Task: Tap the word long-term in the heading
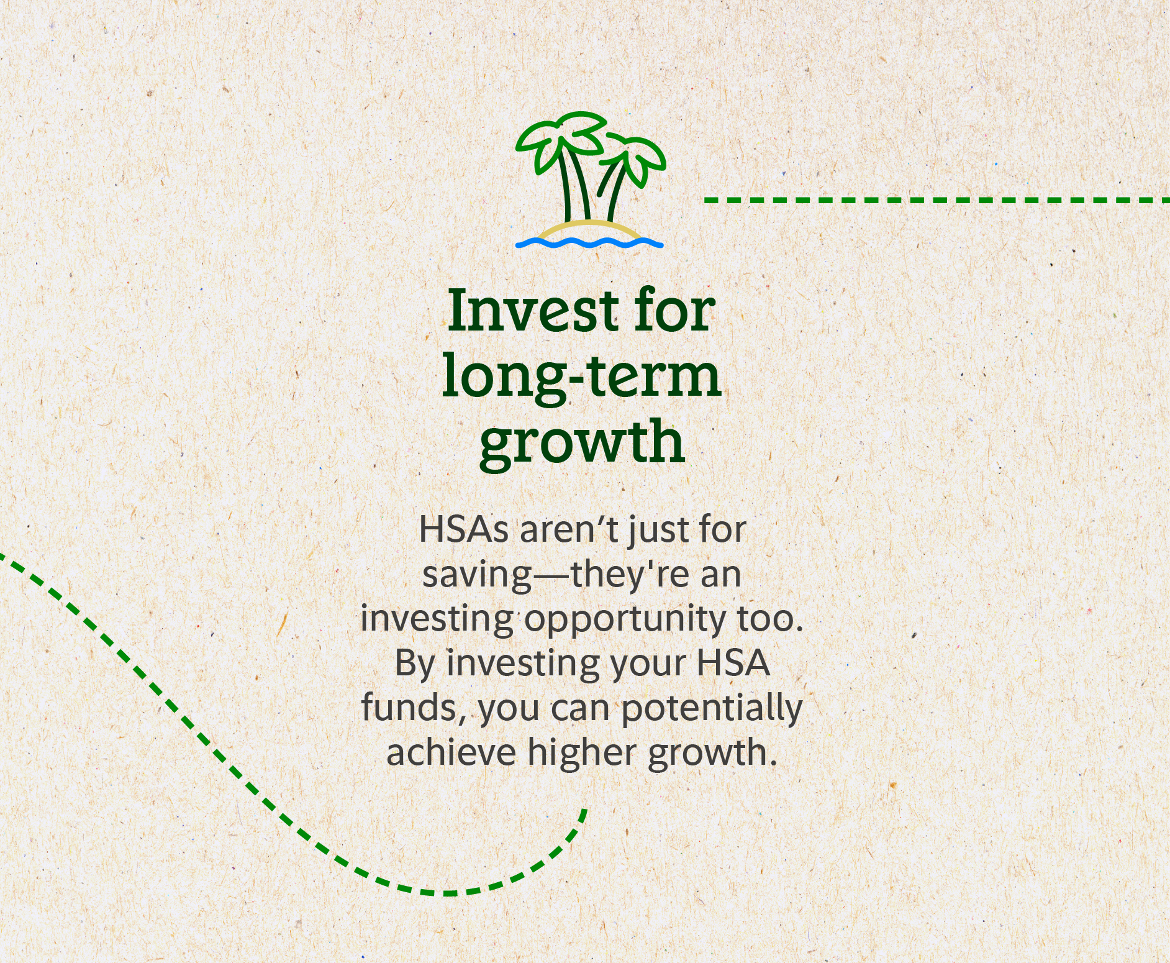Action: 582,377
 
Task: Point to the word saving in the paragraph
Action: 477,575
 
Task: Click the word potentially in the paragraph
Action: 712,709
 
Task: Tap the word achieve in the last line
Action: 451,752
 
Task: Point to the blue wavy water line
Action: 589,243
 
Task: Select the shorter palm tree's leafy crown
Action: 633,158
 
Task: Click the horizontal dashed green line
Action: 937,200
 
